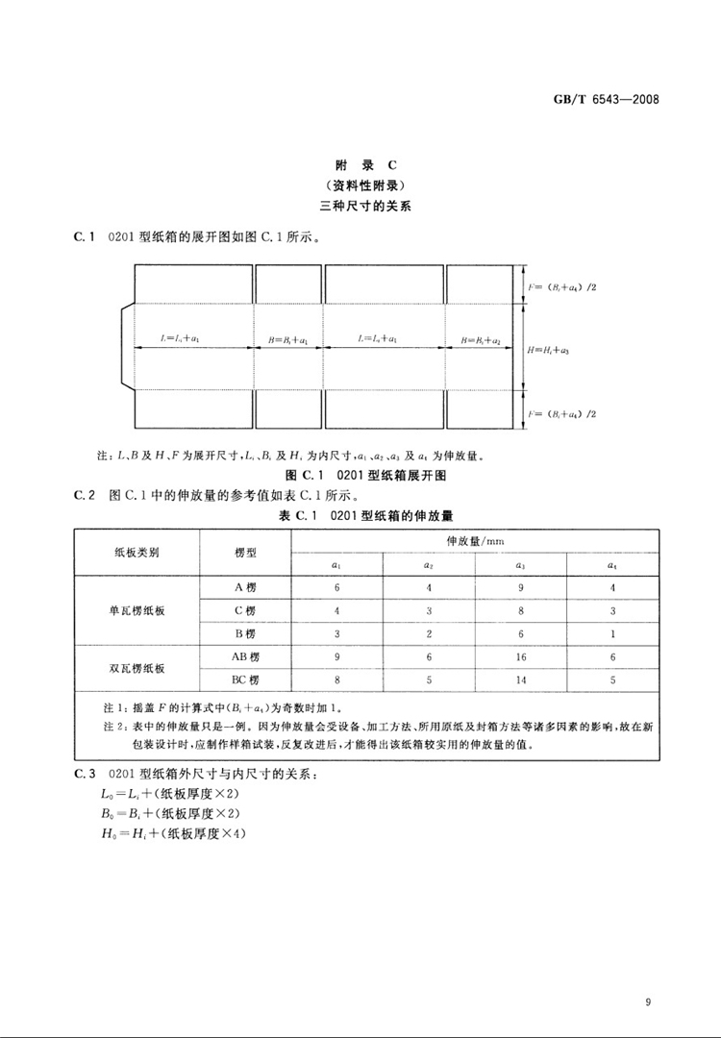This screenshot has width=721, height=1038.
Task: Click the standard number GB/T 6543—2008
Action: (x=613, y=99)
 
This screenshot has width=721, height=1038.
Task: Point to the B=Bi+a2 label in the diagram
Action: (x=481, y=339)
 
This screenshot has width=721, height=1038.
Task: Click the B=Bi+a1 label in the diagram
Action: (x=288, y=339)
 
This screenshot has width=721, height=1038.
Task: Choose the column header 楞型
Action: (x=245, y=554)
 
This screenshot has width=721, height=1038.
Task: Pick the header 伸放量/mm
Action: (x=475, y=541)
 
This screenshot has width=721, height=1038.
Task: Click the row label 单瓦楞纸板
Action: (x=137, y=610)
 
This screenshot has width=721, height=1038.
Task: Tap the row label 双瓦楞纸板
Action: (x=137, y=669)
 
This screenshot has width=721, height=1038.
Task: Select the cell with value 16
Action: (x=521, y=657)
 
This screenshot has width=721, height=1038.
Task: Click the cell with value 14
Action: (x=521, y=680)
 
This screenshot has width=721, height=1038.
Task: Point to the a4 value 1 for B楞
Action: (x=611, y=634)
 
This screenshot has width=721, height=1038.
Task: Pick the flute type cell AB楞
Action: (x=245, y=657)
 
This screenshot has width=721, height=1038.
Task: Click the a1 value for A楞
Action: (x=337, y=586)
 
